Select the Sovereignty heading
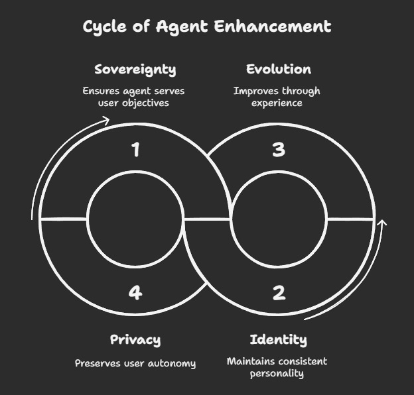click(135, 70)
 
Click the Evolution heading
click(278, 70)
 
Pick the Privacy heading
click(135, 340)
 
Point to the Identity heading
click(278, 340)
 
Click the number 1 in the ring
click(135, 150)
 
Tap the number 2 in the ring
click(279, 292)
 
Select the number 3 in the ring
click(279, 150)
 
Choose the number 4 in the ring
click(135, 292)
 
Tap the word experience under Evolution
click(277, 104)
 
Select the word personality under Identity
click(277, 374)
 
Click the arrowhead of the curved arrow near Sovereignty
click(106, 120)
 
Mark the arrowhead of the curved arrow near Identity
click(381, 223)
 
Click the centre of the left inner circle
click(135, 219)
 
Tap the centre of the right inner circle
click(279, 219)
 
